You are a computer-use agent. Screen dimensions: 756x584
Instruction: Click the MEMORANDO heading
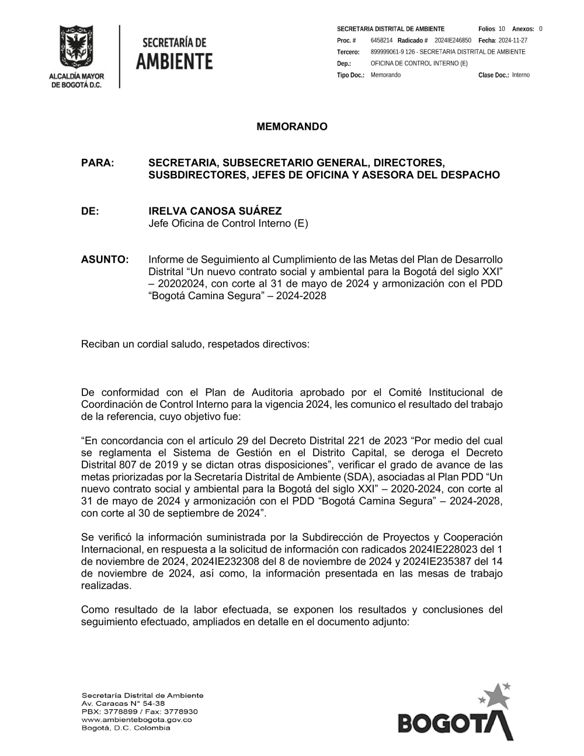292,127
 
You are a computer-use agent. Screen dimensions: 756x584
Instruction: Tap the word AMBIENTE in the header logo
174,61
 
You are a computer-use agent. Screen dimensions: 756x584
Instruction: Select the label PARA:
96,162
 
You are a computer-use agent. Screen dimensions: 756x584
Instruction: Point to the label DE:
90,211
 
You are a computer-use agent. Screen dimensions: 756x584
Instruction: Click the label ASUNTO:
105,259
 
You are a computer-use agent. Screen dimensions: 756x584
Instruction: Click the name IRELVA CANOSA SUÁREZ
215,211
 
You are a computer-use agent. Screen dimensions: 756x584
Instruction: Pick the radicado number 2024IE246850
453,40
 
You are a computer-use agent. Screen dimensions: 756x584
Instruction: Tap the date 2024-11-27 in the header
513,40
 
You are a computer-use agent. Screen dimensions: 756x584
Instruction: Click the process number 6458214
381,40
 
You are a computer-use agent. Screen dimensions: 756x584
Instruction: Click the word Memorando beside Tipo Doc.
385,75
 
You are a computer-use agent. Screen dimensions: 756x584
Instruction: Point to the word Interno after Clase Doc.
521,75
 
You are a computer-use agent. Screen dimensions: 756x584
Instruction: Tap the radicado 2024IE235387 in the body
427,561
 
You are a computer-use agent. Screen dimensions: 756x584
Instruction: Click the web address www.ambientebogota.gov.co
137,720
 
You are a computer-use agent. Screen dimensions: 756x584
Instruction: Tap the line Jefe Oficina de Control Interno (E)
228,223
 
